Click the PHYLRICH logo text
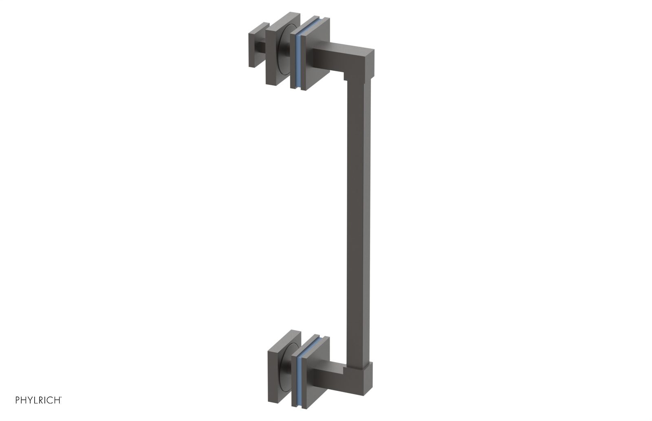pyautogui.click(x=38, y=400)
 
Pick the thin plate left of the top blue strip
pyautogui.click(x=294, y=61)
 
